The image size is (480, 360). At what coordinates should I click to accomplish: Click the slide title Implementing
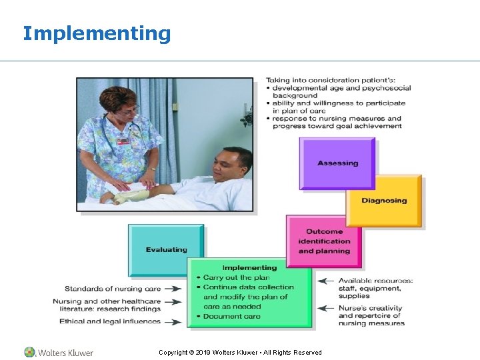[97, 33]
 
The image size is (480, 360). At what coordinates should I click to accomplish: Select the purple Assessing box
[337, 163]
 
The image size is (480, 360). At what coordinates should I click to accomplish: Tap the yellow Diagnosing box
[384, 201]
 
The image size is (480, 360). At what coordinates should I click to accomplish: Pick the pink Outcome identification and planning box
[324, 241]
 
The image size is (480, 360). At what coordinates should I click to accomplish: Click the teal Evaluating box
[166, 250]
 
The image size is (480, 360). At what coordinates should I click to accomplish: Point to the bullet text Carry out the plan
[236, 277]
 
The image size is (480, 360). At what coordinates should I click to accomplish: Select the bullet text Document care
[231, 316]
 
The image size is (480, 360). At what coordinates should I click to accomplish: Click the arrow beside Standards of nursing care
[172, 289]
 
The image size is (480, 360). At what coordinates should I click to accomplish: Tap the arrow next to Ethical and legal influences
[172, 322]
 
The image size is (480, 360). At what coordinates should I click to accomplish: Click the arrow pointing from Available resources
[325, 281]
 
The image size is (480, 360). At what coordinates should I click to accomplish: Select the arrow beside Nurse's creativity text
[325, 308]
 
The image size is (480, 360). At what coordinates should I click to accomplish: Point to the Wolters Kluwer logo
[59, 352]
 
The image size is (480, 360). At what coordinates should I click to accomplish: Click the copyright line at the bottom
[240, 352]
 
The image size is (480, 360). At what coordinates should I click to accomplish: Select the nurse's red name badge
[123, 141]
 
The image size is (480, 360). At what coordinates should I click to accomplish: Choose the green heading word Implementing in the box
[249, 268]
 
